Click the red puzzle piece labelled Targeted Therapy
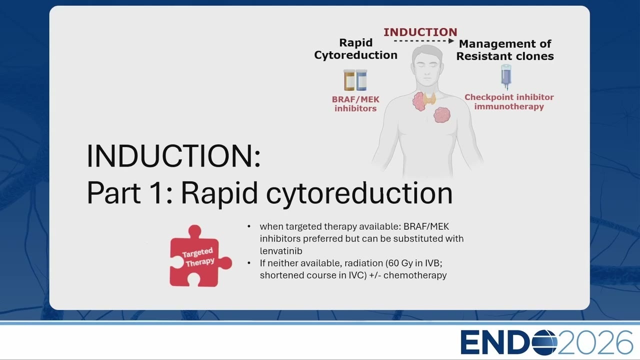point(200,256)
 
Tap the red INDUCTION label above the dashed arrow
point(420,32)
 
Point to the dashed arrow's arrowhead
point(451,41)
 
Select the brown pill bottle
point(349,80)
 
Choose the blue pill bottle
point(361,80)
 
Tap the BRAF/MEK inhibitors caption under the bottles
point(355,104)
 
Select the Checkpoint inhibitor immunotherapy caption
point(509,101)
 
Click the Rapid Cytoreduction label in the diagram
point(355,49)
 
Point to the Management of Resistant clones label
point(505,50)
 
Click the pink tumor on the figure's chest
point(441,115)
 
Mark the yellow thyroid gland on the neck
point(429,99)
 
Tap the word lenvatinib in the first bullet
point(281,251)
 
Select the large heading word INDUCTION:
point(173,156)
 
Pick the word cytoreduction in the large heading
point(359,193)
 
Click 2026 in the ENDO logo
point(595,342)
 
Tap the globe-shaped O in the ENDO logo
point(544,342)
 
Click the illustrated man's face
point(427,68)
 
